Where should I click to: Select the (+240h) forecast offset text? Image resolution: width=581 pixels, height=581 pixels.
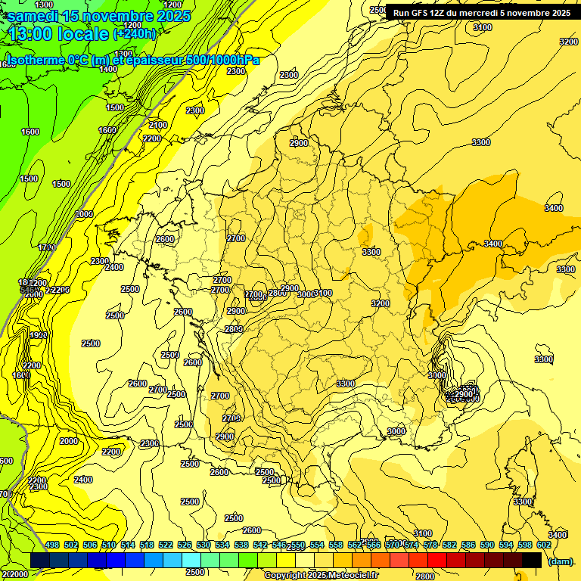(x=134, y=34)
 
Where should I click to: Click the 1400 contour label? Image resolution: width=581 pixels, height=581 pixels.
(x=109, y=69)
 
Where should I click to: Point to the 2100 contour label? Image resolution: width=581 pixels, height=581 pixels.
(x=158, y=125)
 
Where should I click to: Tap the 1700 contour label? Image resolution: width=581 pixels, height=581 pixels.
(x=47, y=247)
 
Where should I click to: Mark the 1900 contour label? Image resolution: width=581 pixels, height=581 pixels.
(x=39, y=335)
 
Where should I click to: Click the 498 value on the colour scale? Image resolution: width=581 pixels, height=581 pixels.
(x=52, y=545)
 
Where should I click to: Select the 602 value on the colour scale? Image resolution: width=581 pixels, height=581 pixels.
(x=523, y=545)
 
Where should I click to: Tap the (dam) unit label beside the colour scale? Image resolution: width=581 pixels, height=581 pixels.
(x=560, y=561)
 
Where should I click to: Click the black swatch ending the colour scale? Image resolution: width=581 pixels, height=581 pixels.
(x=532, y=560)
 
